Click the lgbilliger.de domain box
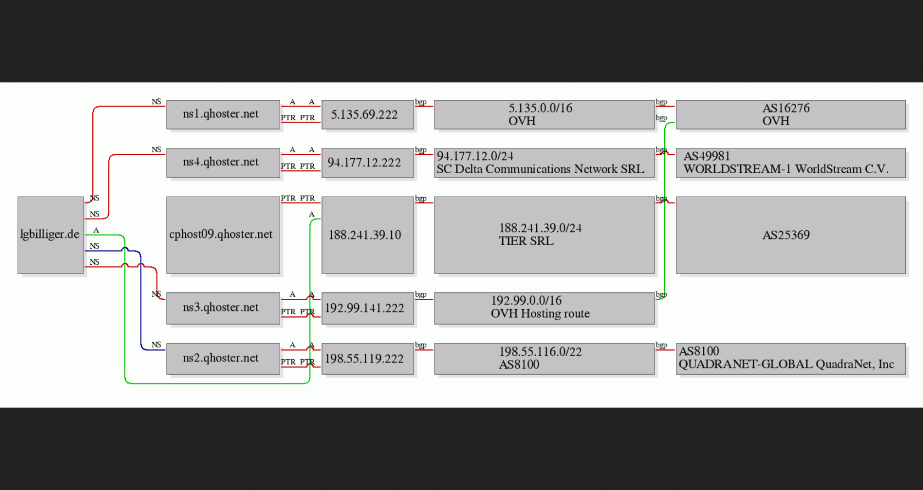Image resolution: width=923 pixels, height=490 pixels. coord(51,235)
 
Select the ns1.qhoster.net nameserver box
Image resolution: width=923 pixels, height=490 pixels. coord(223,114)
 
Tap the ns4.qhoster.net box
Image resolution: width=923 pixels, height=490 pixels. coord(223,163)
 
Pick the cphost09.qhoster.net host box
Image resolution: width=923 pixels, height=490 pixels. coord(223,235)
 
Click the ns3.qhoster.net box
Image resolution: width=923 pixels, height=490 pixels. coord(223,308)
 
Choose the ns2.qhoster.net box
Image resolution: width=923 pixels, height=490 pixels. coord(223,358)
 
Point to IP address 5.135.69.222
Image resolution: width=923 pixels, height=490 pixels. coord(367,114)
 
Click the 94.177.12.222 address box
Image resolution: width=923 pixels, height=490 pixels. coord(367,163)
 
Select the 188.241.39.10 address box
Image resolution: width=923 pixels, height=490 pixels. coord(367,235)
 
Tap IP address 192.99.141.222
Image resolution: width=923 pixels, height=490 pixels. coord(367,308)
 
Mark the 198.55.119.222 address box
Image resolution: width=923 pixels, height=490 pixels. coord(367,358)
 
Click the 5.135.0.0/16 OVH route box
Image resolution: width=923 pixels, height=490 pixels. coord(544,114)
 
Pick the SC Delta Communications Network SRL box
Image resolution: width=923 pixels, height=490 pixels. coord(544,163)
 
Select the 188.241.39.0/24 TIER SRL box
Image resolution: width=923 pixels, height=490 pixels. coord(544,235)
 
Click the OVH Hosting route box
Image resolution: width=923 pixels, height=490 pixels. coord(544,308)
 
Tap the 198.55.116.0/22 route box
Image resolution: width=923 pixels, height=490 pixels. coord(544,358)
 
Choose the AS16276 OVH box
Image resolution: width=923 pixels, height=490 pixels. coord(790,114)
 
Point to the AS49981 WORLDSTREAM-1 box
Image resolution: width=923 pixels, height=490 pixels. coord(790,163)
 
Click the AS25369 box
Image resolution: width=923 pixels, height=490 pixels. coord(790,235)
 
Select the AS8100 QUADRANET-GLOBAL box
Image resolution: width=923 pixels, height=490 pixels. coord(790,358)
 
